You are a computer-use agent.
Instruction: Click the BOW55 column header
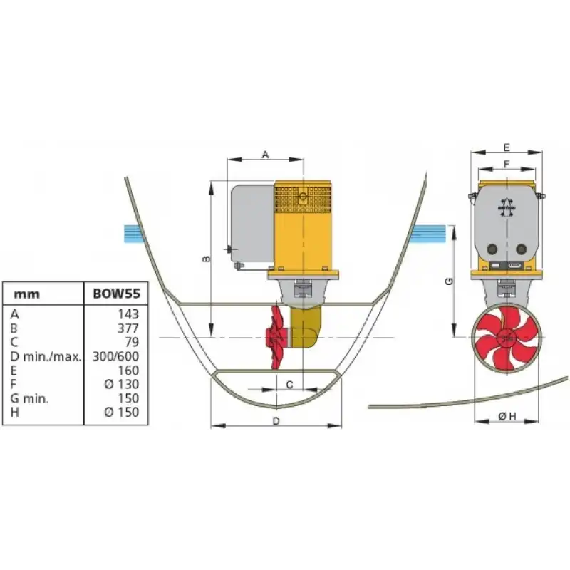(116, 294)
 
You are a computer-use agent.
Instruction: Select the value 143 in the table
(128, 314)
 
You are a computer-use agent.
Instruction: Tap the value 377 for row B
(128, 328)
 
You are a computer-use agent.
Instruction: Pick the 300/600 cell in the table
(115, 356)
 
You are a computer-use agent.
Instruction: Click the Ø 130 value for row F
(121, 384)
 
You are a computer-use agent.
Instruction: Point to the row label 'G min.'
(29, 398)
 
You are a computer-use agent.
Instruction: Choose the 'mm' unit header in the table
(26, 294)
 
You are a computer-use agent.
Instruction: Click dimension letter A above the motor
(265, 155)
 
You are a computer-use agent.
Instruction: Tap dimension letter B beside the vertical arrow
(206, 259)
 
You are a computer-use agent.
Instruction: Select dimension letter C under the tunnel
(290, 385)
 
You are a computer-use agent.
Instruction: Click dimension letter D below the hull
(276, 421)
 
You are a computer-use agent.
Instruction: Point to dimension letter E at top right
(507, 147)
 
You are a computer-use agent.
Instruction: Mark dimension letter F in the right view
(507, 165)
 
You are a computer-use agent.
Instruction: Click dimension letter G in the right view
(450, 281)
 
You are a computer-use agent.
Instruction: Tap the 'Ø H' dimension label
(507, 416)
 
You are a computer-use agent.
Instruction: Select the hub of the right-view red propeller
(507, 338)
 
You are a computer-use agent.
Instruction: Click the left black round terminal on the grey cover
(492, 249)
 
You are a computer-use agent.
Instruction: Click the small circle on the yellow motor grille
(303, 197)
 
